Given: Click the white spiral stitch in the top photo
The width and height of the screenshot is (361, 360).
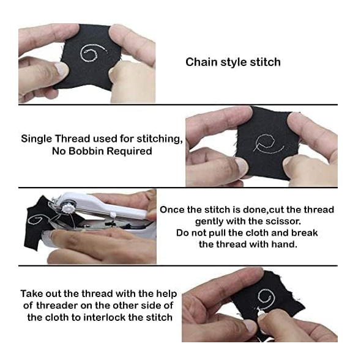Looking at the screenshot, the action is [x=93, y=53].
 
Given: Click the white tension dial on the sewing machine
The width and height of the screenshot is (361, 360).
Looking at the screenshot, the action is [x=68, y=208].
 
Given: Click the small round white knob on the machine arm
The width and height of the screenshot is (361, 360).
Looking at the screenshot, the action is [x=113, y=215].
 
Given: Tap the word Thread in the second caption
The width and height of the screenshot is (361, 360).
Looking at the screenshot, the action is [x=72, y=139].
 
